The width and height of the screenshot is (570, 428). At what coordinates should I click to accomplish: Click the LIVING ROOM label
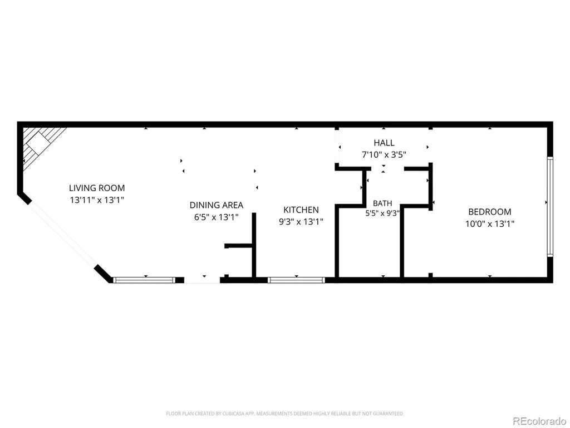click(97, 188)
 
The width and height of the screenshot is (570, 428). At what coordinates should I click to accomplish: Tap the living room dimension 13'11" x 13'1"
click(97, 200)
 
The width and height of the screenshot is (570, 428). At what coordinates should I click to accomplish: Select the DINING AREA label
click(217, 205)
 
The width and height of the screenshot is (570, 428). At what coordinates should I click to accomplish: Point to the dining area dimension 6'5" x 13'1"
click(217, 217)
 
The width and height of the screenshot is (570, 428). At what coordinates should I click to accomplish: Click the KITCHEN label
click(301, 210)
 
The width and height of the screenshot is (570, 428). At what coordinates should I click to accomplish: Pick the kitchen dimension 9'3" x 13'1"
click(301, 222)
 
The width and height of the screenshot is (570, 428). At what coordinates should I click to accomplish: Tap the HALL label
click(384, 143)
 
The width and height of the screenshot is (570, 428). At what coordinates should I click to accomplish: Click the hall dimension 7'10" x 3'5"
click(384, 155)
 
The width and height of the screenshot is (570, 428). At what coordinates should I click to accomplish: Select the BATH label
click(382, 203)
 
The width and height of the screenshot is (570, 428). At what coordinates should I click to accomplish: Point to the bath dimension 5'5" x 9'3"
click(382, 213)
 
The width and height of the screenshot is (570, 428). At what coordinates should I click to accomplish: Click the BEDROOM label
click(490, 211)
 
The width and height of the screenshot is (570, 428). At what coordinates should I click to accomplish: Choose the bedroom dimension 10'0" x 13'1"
click(490, 223)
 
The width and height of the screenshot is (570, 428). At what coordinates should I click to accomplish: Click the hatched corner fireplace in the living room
click(40, 144)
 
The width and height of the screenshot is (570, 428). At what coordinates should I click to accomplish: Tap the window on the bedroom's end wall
click(550, 207)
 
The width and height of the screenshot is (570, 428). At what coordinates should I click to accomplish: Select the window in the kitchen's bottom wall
click(296, 280)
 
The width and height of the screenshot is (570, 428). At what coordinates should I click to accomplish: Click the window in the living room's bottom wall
click(144, 280)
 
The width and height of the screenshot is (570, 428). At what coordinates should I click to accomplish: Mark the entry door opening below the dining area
click(202, 280)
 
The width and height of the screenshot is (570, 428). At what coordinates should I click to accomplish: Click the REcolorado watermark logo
click(539, 421)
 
